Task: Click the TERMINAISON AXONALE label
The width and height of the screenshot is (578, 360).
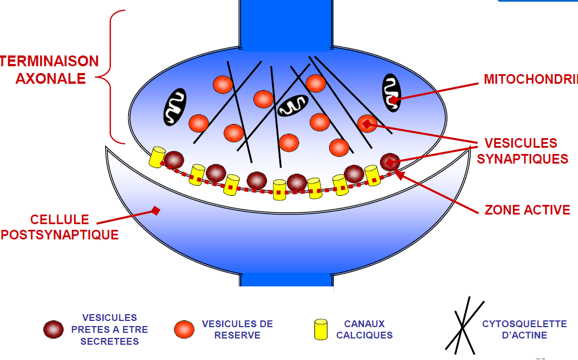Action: pos(50,69)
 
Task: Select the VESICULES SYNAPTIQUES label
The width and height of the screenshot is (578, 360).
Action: pos(522,151)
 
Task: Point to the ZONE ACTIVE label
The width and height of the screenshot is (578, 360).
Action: pos(527,210)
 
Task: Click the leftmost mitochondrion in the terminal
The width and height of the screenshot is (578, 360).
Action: pos(175,106)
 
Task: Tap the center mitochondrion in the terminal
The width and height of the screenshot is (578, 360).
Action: pos(293,105)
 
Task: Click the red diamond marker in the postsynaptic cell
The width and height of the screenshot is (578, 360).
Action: pos(156,211)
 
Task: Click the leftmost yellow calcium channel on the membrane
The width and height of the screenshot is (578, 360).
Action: pos(157,157)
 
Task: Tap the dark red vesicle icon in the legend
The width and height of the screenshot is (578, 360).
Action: pos(54,329)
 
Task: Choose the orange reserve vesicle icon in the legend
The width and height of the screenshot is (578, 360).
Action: pos(184,329)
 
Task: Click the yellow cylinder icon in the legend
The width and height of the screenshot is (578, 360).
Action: pos(321,329)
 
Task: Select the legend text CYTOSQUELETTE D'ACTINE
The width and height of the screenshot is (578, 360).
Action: pos(524,329)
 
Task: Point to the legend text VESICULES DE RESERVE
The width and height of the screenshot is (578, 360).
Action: pos(238,329)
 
